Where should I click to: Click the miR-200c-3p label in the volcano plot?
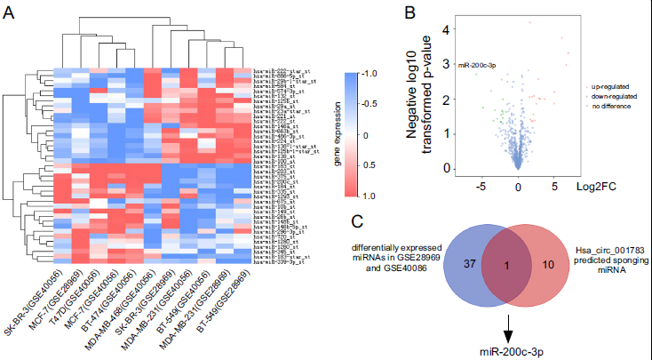coord(475,66)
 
